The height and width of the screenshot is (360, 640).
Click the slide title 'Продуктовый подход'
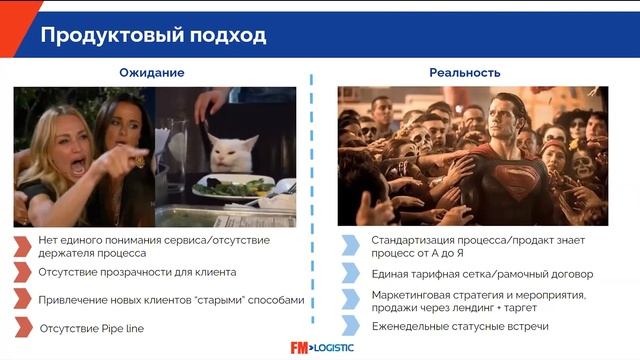click(153, 36)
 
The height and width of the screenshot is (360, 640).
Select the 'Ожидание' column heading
click(152, 73)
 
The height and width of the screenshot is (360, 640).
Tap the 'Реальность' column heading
click(465, 73)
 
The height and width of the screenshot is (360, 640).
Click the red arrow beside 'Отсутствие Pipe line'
click(22, 327)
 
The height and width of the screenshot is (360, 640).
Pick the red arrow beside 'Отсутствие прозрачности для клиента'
click(22, 272)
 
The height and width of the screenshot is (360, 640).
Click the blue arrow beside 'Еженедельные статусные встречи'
click(350, 325)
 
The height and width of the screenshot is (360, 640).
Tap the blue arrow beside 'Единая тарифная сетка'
click(350, 274)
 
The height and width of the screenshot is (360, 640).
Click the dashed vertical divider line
click(319, 200)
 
